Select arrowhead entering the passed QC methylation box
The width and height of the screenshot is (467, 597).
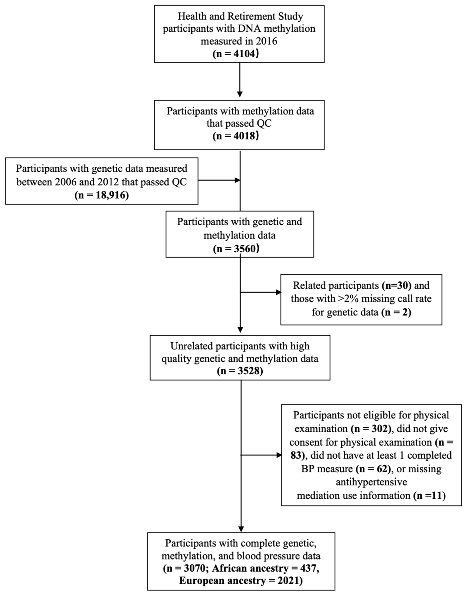(x=240, y=94)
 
